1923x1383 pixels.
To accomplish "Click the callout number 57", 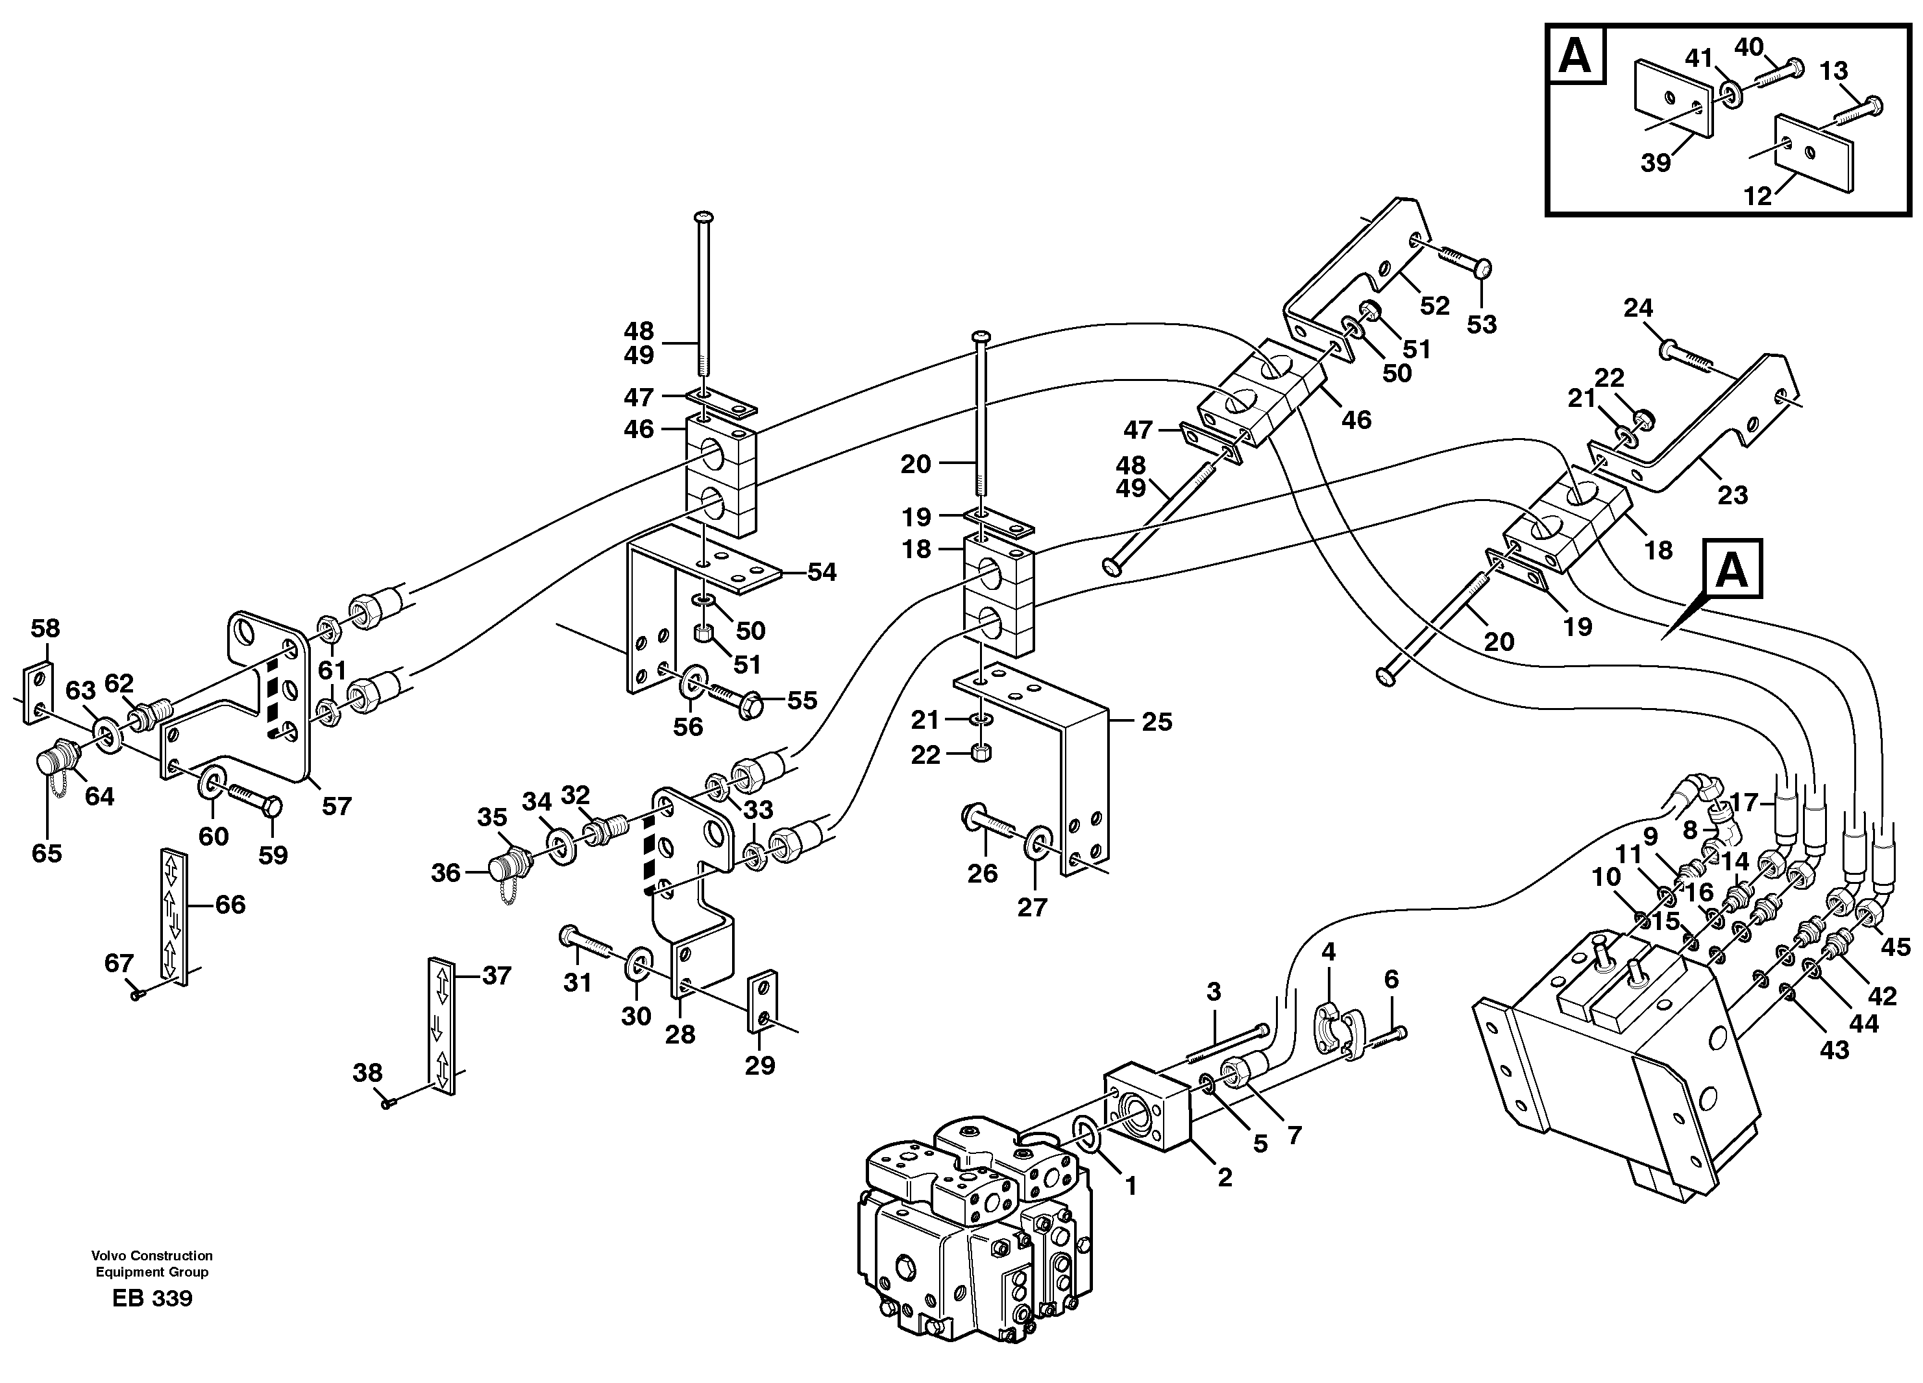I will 337,805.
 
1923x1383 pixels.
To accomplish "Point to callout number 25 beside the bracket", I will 1157,722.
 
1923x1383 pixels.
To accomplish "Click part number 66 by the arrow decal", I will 230,905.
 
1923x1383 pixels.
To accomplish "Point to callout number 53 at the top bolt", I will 1482,324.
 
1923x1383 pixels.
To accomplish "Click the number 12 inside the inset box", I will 1758,196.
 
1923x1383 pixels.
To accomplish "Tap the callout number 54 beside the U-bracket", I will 822,572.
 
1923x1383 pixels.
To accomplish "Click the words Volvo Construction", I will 153,1256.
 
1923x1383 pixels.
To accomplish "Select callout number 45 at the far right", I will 1897,947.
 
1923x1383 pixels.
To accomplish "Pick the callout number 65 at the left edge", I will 47,852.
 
